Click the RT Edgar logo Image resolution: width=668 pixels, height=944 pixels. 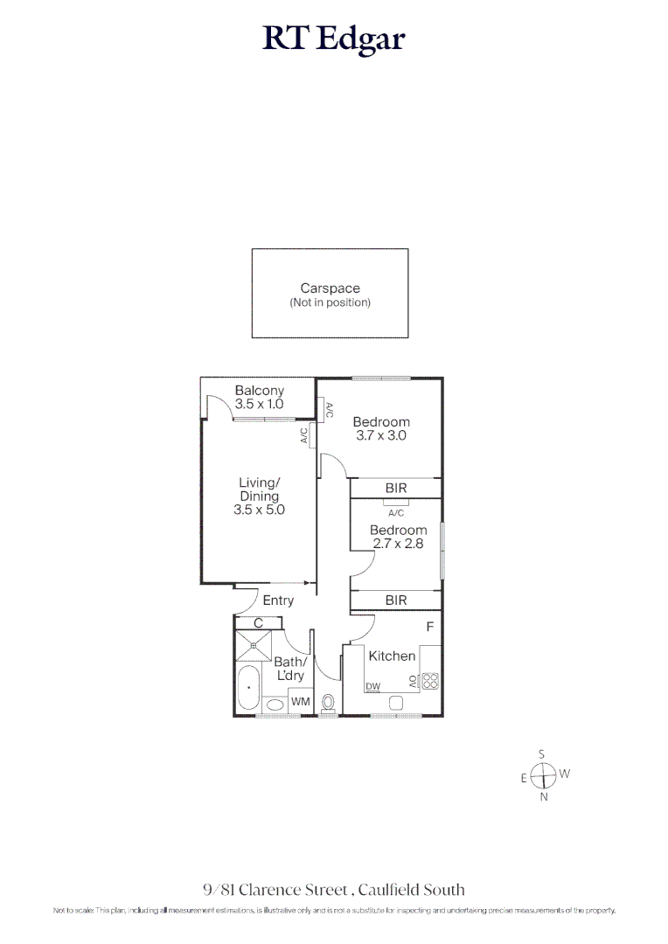pyautogui.click(x=333, y=39)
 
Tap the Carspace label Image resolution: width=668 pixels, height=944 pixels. pyautogui.click(x=330, y=288)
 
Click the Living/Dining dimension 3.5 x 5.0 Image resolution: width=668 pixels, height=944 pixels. pyautogui.click(x=259, y=510)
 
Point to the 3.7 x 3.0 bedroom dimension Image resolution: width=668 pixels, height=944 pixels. pyautogui.click(x=380, y=435)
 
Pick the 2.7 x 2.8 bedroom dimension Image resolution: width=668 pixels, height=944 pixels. pyautogui.click(x=398, y=543)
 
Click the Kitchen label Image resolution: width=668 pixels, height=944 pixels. pyautogui.click(x=392, y=656)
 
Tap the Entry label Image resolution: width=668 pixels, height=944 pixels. pyautogui.click(x=278, y=600)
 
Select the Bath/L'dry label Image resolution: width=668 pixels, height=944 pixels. pyautogui.click(x=289, y=670)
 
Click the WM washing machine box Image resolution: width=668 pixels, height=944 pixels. pyautogui.click(x=300, y=703)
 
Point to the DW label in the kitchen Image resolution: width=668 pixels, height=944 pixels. pyautogui.click(x=373, y=687)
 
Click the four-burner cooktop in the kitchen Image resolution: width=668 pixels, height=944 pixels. pyautogui.click(x=430, y=681)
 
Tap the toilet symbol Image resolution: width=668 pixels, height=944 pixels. pyautogui.click(x=329, y=703)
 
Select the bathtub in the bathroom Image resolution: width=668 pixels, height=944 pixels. pyautogui.click(x=249, y=688)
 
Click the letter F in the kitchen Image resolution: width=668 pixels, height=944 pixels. pyautogui.click(x=429, y=627)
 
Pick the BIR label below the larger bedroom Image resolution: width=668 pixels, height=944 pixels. pyautogui.click(x=395, y=489)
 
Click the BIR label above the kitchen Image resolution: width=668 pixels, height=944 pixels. pyautogui.click(x=395, y=600)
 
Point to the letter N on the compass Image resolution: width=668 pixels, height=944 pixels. pyautogui.click(x=543, y=797)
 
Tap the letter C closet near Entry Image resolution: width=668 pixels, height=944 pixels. pyautogui.click(x=258, y=623)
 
